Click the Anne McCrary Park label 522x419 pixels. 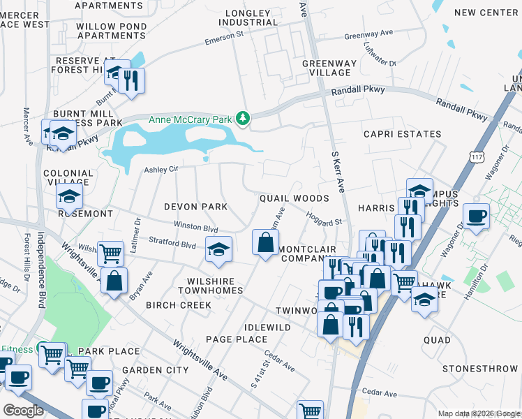point(189,119)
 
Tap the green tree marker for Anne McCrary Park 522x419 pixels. point(242,119)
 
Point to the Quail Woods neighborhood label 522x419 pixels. point(294,198)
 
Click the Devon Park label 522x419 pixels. point(195,207)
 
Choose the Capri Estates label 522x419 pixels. point(402,134)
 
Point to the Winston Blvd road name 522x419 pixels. point(196,228)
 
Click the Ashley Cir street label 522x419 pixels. point(161,169)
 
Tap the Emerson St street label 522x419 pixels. point(223,38)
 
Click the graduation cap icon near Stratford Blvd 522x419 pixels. point(218,249)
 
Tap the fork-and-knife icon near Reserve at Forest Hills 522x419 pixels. point(131,80)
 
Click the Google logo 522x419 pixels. point(22,411)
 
